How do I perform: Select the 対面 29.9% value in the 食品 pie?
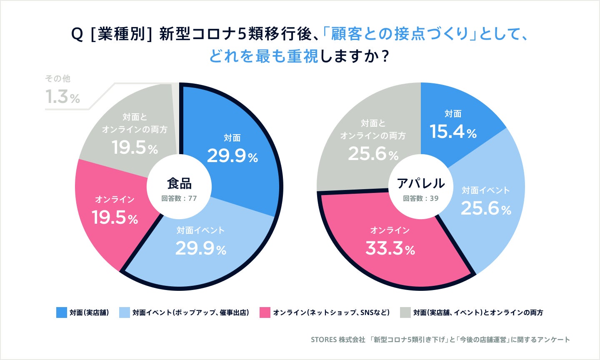coord(232,156)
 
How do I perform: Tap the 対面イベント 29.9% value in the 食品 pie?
coord(200,249)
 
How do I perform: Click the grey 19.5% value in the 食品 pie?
coord(135,147)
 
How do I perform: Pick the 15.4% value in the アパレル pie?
coord(453,132)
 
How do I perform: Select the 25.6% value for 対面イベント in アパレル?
coord(485,208)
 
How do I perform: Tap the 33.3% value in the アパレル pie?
coord(390,249)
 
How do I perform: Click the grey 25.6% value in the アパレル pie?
coord(373,154)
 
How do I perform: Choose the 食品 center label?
coord(179,183)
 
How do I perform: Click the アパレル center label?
coord(420,183)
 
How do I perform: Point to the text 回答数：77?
coord(179,198)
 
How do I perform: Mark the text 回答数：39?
coord(420,198)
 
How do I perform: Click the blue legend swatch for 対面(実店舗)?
coord(62,312)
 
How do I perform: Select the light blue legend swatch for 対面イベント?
coord(125,312)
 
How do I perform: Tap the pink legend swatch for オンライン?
coord(265,312)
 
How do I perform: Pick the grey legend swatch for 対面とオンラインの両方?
coord(405,312)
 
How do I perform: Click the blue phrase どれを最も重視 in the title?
coord(263,56)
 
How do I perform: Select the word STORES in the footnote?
coord(324,340)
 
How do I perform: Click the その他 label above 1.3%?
coord(57,79)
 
